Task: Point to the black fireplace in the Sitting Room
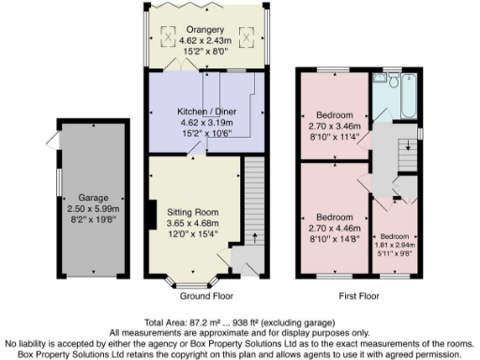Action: (x=151, y=214)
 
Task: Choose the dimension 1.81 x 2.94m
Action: (x=396, y=241)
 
